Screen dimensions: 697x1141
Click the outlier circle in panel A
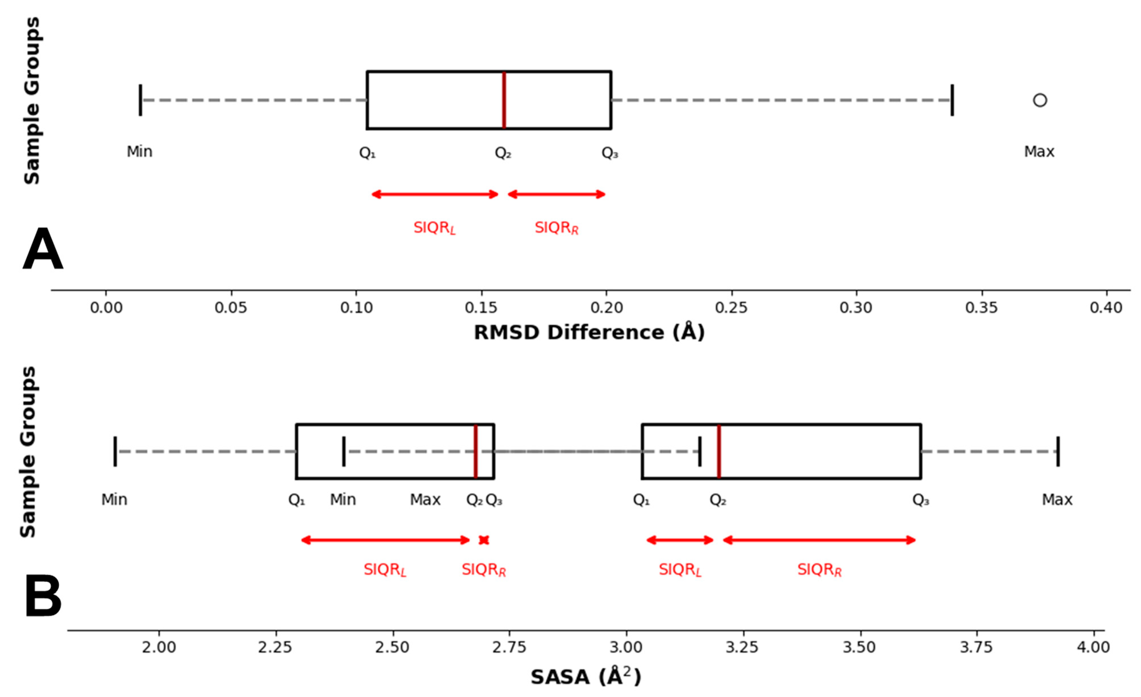pos(1040,100)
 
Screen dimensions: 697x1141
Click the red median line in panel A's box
pos(504,100)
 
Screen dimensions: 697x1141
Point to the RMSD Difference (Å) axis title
pos(589,332)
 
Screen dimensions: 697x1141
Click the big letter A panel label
pos(43,250)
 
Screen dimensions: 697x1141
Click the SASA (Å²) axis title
pos(586,677)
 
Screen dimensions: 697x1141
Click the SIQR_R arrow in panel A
pos(557,194)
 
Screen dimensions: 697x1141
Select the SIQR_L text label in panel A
pos(434,228)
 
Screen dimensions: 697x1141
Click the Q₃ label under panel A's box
pos(610,152)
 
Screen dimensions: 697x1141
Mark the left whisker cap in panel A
pos(140,100)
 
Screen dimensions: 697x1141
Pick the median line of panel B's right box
pos(719,451)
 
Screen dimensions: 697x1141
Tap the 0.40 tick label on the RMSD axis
pos(1106,308)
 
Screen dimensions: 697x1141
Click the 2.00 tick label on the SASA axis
pos(159,647)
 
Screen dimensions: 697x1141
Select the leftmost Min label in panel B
pos(114,499)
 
